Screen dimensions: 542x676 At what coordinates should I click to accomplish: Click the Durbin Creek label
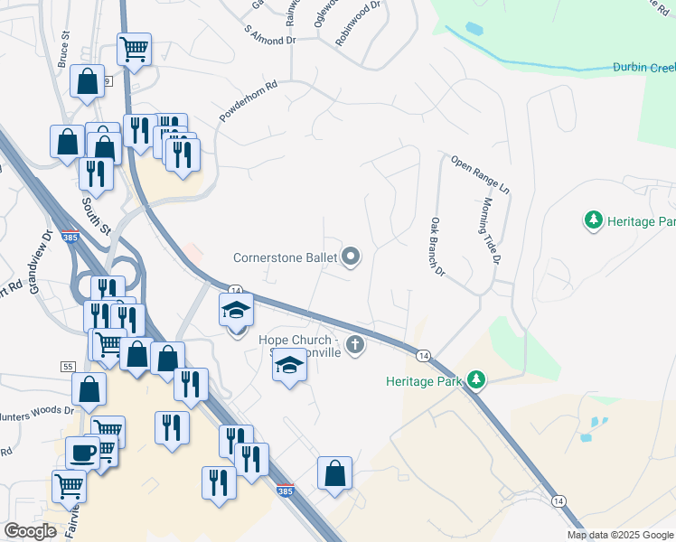pyautogui.click(x=643, y=67)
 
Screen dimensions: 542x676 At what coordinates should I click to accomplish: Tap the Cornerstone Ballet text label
pyautogui.click(x=284, y=257)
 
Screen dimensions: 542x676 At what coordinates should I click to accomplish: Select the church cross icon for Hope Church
pyautogui.click(x=355, y=344)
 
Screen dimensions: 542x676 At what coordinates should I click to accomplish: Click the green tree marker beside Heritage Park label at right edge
pyautogui.click(x=594, y=220)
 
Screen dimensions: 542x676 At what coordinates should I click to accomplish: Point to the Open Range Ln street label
pyautogui.click(x=480, y=175)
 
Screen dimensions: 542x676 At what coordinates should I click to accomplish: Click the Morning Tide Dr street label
pyautogui.click(x=492, y=232)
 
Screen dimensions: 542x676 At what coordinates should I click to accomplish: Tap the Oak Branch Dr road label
pyautogui.click(x=438, y=246)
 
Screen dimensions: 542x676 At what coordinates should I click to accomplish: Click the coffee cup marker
pyautogui.click(x=82, y=452)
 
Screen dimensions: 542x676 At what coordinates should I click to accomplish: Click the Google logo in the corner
pyautogui.click(x=31, y=531)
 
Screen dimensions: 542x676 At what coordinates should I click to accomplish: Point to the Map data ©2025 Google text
pyautogui.click(x=620, y=535)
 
